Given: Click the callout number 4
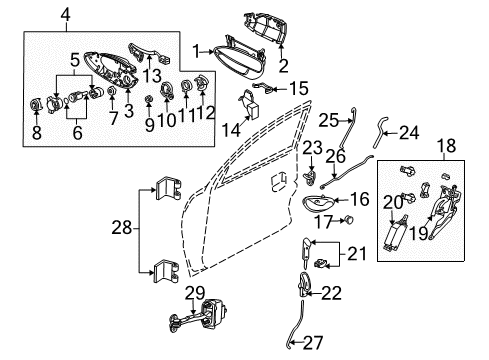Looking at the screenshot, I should click(37, 13).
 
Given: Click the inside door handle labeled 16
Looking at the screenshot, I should click(322, 208).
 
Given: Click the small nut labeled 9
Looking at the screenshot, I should click(146, 100).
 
